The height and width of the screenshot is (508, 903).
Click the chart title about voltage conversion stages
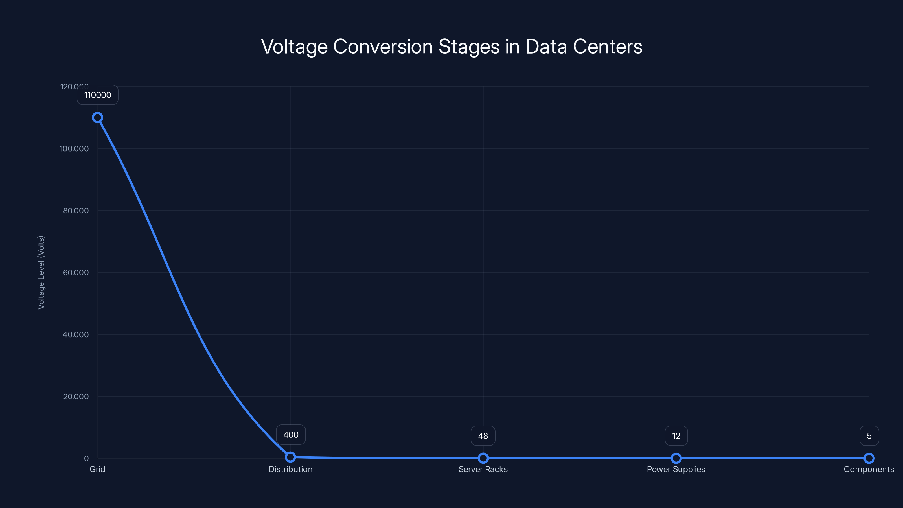(x=451, y=47)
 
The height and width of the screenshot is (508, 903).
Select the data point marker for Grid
(x=97, y=117)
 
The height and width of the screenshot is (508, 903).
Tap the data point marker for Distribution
(x=290, y=457)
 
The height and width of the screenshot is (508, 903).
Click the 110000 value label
(x=97, y=95)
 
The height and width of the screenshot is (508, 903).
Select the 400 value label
(x=291, y=435)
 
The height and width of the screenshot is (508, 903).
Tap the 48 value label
(x=483, y=436)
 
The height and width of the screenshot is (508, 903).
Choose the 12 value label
(x=676, y=436)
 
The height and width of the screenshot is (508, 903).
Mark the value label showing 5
(x=869, y=436)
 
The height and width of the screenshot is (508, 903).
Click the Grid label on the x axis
(x=97, y=469)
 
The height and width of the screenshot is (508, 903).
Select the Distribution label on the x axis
(x=290, y=469)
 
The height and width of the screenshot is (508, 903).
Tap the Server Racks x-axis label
(x=483, y=469)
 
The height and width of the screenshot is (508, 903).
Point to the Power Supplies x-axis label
(x=676, y=469)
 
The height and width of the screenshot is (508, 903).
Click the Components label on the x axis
(x=869, y=469)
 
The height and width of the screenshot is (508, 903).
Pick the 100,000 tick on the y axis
(x=74, y=149)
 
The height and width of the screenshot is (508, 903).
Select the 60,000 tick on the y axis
(x=76, y=272)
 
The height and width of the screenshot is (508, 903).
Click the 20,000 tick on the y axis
(x=76, y=397)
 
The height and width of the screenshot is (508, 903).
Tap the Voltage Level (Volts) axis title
(x=41, y=272)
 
